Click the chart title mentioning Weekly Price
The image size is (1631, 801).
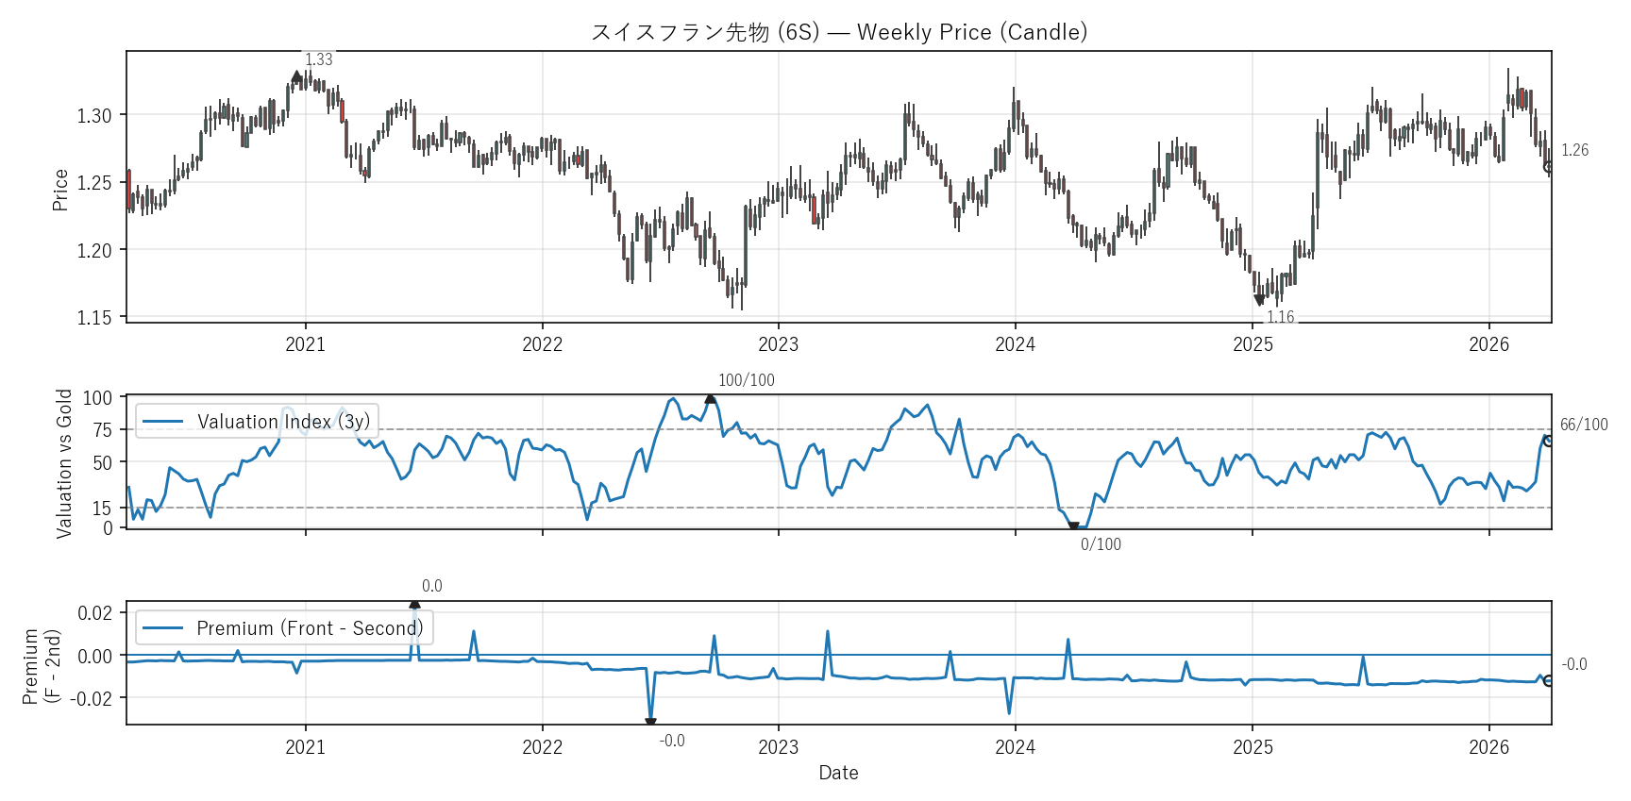click(838, 32)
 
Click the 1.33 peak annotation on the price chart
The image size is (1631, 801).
click(319, 59)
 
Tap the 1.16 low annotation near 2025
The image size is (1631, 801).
click(1280, 317)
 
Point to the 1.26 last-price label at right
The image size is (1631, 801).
click(1574, 150)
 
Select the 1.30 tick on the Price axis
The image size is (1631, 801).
click(94, 116)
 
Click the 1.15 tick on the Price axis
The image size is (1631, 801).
click(94, 318)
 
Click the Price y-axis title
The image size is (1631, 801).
click(61, 190)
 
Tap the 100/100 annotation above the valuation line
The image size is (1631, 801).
click(746, 380)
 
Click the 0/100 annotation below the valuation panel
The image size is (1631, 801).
click(1101, 544)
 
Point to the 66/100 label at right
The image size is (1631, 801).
click(1583, 425)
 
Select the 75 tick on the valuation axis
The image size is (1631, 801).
click(102, 430)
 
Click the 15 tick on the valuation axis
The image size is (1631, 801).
click(102, 509)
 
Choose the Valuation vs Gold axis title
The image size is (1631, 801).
click(64, 463)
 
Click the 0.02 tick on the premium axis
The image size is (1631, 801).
click(94, 613)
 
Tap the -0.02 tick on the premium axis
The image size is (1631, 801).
click(92, 698)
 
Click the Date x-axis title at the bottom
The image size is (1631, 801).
click(838, 773)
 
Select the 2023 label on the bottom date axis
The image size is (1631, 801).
click(779, 747)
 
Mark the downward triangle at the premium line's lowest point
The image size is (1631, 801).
click(650, 723)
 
